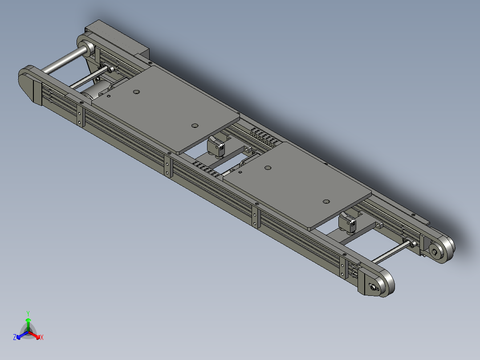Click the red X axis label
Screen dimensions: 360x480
pos(41,338)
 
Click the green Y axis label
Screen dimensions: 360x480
pos(28,313)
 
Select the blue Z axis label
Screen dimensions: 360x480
pos(15,337)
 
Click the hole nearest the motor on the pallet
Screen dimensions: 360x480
pos(136,92)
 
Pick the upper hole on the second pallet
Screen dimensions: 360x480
pos(268,168)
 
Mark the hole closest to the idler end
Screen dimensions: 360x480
pos(326,202)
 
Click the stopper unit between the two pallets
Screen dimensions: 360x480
pos(217,146)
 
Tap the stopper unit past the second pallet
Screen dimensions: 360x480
pos(348,222)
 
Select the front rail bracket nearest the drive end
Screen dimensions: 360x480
pos(80,116)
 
